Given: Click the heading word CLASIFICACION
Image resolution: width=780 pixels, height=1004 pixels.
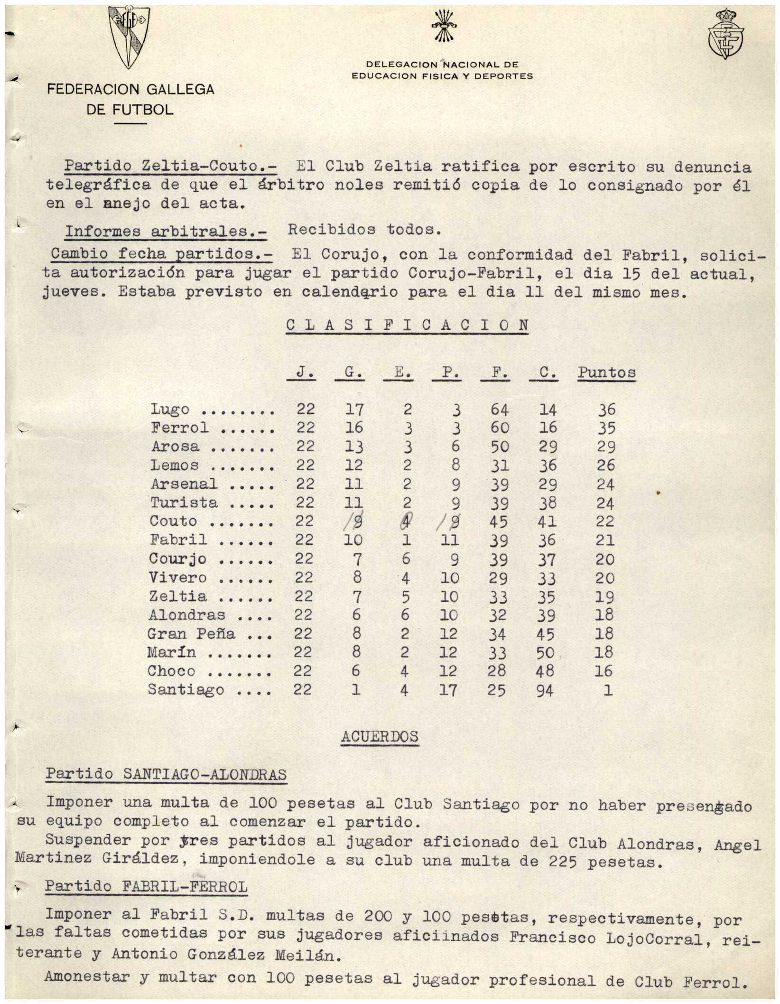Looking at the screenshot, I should tap(407, 325).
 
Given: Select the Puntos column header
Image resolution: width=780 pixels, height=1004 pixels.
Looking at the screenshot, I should tap(606, 372).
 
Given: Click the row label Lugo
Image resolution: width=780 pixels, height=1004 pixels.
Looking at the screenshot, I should tap(170, 409).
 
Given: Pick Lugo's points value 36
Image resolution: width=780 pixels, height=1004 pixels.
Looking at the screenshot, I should tap(606, 409).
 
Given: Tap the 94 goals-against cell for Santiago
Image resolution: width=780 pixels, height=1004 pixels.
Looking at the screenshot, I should tap(545, 690).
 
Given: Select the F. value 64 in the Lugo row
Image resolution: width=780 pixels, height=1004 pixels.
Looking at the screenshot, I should tap(499, 409).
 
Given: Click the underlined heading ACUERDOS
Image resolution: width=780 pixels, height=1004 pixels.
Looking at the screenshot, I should tap(380, 736).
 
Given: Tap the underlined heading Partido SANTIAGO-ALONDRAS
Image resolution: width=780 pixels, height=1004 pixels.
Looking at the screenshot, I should tap(166, 774).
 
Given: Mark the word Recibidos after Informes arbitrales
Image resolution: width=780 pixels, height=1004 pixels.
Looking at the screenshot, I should tap(331, 230).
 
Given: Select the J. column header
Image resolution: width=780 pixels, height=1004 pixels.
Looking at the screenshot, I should tap(301, 372).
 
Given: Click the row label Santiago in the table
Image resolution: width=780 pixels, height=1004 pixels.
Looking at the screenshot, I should tap(186, 689).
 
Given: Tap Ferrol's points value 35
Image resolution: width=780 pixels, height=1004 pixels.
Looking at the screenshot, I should tap(606, 428).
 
